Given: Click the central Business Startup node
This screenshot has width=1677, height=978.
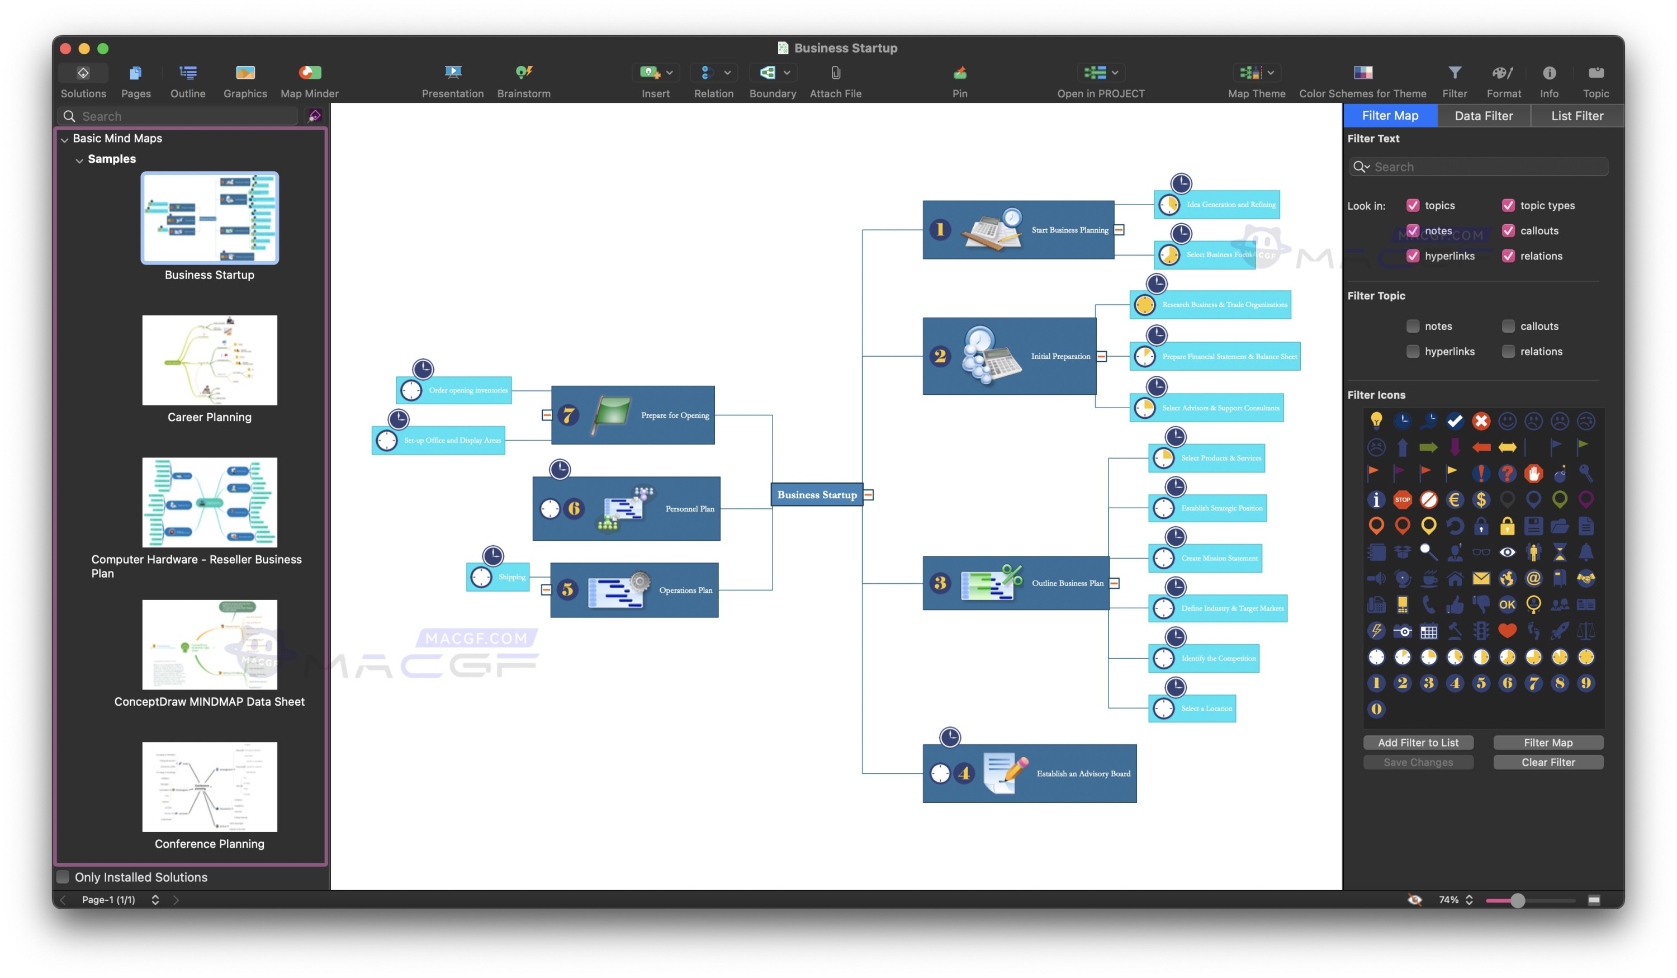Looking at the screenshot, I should pyautogui.click(x=817, y=495).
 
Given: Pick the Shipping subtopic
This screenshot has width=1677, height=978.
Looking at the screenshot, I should pyautogui.click(x=510, y=577).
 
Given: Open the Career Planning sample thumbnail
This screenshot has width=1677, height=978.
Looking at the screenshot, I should pyautogui.click(x=210, y=360).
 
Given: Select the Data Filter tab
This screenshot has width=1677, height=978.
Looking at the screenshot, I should pyautogui.click(x=1484, y=116).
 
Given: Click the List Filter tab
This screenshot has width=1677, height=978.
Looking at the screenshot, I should pyautogui.click(x=1576, y=116).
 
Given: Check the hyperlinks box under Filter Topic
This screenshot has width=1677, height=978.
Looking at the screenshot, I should pyautogui.click(x=1412, y=352).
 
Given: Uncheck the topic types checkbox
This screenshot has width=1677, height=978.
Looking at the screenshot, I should pyautogui.click(x=1508, y=206).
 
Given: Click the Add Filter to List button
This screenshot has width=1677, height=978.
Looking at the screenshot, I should pyautogui.click(x=1418, y=743).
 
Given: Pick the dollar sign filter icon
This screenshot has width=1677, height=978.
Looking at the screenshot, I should pyautogui.click(x=1481, y=499).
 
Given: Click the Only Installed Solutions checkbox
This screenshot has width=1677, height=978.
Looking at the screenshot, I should pyautogui.click(x=63, y=877).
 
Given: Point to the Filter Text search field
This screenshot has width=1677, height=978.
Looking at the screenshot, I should pyautogui.click(x=1484, y=167).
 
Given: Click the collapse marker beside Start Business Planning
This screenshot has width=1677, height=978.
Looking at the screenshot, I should pyautogui.click(x=1119, y=230).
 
